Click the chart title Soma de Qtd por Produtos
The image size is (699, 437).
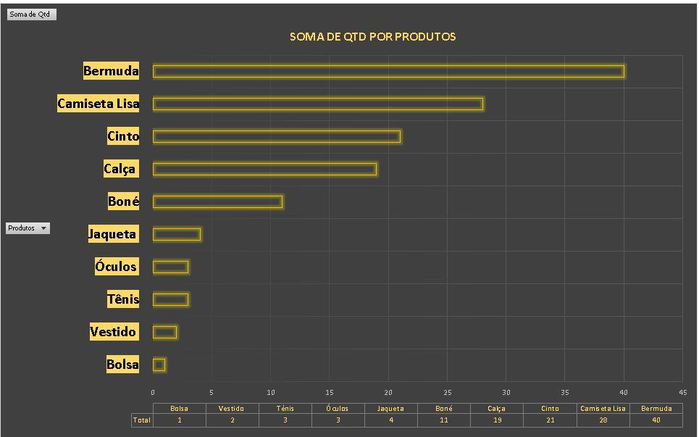click(x=372, y=36)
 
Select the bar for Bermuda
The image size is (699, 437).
click(x=388, y=71)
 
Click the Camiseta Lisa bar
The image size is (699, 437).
click(x=317, y=104)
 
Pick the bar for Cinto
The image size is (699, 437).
click(x=276, y=136)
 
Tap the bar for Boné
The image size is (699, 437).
click(x=217, y=201)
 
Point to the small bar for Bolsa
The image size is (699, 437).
click(x=159, y=365)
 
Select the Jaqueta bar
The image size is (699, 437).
click(x=177, y=234)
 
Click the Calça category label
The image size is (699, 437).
click(x=120, y=169)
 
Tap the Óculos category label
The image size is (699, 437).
click(x=116, y=267)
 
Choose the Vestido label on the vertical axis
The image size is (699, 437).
click(x=113, y=332)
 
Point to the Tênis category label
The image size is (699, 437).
click(x=122, y=299)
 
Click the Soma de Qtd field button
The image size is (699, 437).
click(x=30, y=14)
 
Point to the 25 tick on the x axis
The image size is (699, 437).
click(x=447, y=392)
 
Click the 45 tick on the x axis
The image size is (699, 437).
click(x=682, y=392)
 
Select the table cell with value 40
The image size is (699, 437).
click(x=656, y=420)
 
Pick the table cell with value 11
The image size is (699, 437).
click(x=443, y=420)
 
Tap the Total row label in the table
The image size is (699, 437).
click(x=141, y=420)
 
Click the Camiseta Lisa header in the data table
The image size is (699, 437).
click(x=603, y=408)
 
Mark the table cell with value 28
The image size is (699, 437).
click(x=603, y=420)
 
